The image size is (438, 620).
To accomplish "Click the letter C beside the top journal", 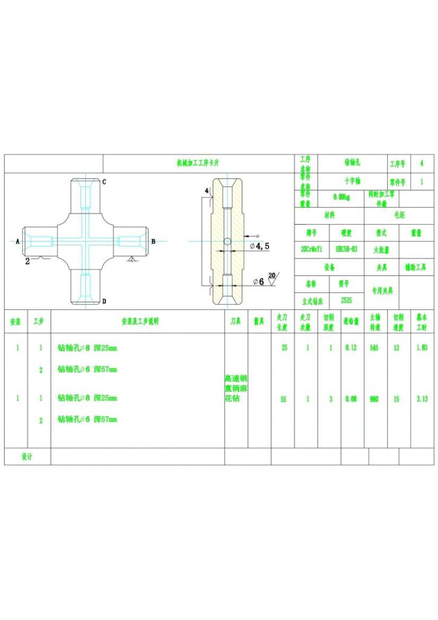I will tap(104, 182).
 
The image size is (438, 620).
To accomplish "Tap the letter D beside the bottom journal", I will tap(104, 301).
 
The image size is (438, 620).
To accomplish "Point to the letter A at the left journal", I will tap(18, 241).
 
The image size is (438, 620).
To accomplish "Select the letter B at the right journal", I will tap(153, 241).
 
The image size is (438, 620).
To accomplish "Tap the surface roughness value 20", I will tap(272, 275).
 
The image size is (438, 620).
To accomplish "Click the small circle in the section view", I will tap(226, 242).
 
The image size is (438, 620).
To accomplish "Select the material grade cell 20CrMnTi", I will tap(312, 249).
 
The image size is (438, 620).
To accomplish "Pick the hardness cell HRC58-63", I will tap(346, 249).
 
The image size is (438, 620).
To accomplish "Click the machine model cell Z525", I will tap(346, 300).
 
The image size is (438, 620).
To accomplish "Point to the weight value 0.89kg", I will tap(342, 197).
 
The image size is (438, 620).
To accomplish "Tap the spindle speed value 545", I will tap(374, 348).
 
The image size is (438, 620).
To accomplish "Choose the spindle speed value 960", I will tap(374, 399).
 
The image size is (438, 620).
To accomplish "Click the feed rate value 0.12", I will tap(350, 348).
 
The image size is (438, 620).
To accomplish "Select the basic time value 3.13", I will tap(422, 399).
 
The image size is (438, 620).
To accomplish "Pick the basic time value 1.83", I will tap(422, 348).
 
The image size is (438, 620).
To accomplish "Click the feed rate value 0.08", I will tap(350, 399).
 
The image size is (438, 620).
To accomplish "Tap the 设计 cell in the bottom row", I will tap(27, 456).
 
